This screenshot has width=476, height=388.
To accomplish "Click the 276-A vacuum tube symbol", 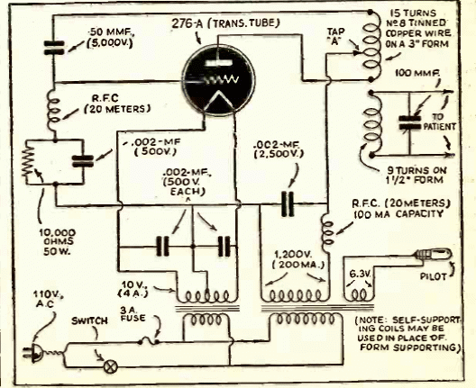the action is (218, 80).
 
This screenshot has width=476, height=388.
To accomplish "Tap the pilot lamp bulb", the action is (434, 254).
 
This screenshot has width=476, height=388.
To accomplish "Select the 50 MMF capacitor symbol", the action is (54, 48).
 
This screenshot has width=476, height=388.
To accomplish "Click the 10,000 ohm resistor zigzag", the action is (28, 160).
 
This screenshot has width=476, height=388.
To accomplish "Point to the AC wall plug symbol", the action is (34, 353).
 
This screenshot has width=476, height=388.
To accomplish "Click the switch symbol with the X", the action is (111, 367).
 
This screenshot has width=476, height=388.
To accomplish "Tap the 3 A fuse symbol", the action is (149, 342).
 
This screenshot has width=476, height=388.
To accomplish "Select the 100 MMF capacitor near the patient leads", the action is (409, 122).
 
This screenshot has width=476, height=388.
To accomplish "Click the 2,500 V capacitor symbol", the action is (288, 203).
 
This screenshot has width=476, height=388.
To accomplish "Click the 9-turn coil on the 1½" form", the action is (372, 123).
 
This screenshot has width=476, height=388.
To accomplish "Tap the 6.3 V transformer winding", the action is (359, 294).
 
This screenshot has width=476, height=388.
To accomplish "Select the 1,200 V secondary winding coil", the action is (295, 295).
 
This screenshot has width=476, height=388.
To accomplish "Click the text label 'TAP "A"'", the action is (335, 36).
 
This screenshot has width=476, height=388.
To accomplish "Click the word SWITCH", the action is (89, 321).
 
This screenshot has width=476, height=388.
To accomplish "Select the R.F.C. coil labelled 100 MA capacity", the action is (326, 232).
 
